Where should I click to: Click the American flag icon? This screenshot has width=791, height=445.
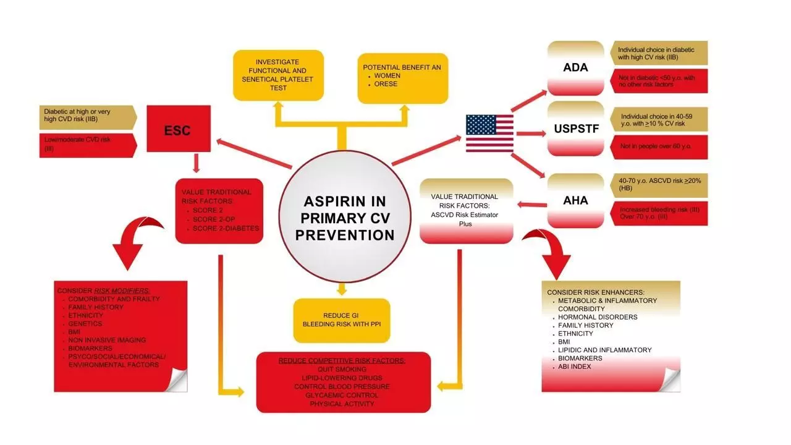click(x=489, y=133)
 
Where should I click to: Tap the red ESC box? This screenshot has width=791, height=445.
click(x=177, y=130)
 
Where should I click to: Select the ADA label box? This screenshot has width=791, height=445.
click(x=575, y=67)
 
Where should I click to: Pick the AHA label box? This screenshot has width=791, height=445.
click(x=575, y=200)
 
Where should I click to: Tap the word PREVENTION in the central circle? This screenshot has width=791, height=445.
click(x=345, y=235)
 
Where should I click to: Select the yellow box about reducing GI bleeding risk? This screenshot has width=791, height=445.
click(x=342, y=320)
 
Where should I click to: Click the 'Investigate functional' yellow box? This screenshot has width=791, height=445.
click(x=278, y=75)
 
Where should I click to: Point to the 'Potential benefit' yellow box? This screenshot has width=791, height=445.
click(x=402, y=76)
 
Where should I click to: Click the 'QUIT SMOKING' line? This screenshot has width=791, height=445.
click(x=342, y=369)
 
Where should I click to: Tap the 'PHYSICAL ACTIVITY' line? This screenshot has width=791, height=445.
click(x=342, y=404)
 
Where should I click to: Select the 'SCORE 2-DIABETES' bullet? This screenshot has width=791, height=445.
click(x=226, y=228)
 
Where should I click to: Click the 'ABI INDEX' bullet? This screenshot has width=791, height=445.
click(x=575, y=367)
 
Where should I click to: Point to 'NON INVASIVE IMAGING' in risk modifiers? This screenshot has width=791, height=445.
click(x=107, y=340)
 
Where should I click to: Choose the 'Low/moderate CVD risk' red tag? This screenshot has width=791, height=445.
click(x=87, y=145)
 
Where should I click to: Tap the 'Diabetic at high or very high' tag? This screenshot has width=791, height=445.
click(x=87, y=116)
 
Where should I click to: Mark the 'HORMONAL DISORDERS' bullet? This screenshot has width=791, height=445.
click(x=598, y=317)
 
